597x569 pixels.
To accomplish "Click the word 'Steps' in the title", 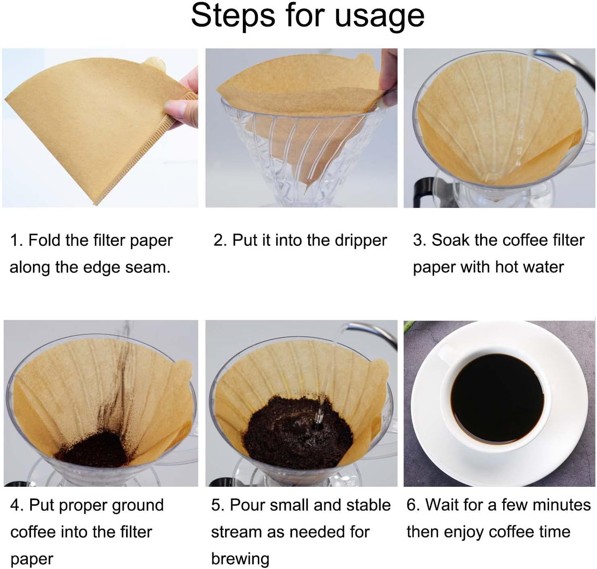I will click(234, 17).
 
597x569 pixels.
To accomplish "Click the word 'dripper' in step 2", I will click(361, 240).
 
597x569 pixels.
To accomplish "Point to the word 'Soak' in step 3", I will click(450, 240).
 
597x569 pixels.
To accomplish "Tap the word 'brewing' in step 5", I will click(240, 559).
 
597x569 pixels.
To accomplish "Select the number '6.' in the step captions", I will click(413, 505).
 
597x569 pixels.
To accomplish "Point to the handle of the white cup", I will click(446, 355).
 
